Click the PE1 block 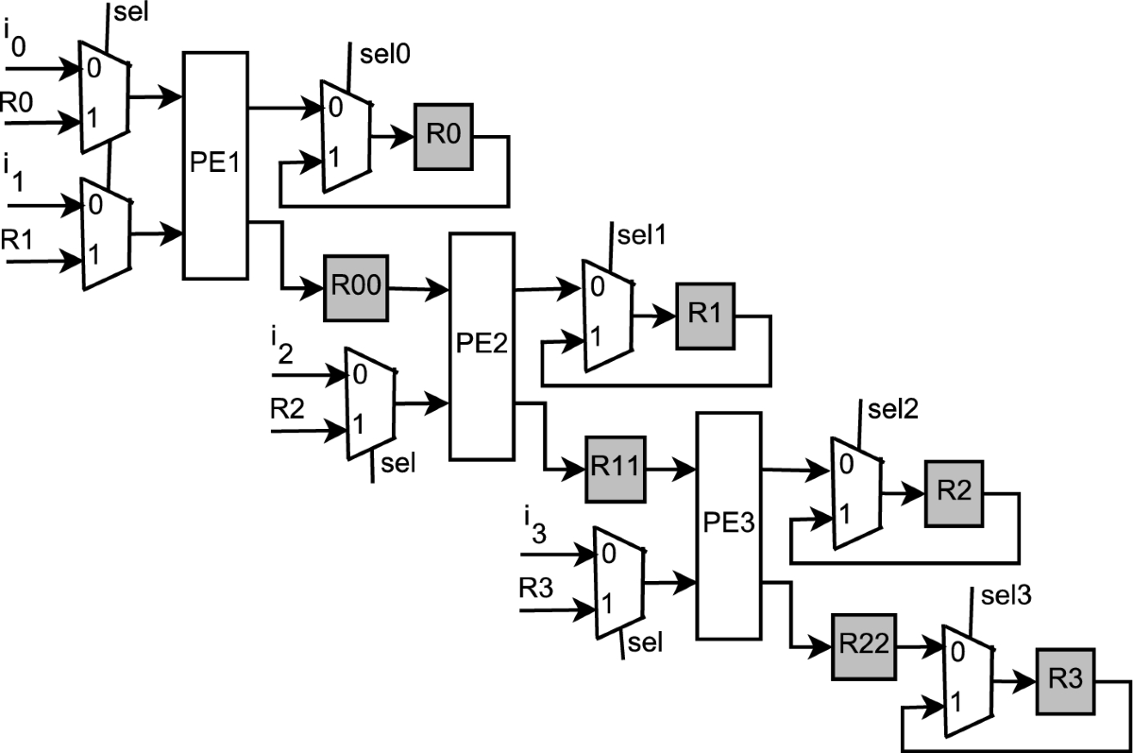click(214, 165)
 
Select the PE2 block click(482, 347)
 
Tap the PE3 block click(729, 524)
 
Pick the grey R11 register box click(615, 468)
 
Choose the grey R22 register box click(863, 646)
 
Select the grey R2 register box click(954, 492)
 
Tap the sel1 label click(634, 233)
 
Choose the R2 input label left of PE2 click(287, 410)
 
